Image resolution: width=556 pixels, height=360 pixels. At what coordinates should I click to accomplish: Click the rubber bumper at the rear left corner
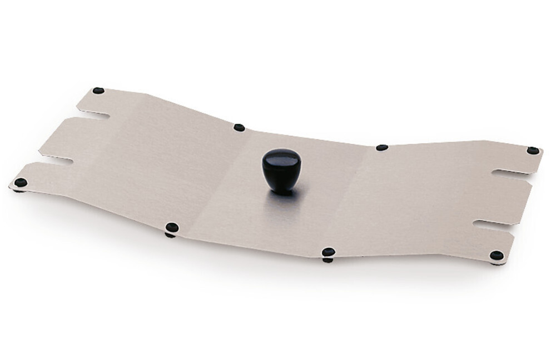click(x=98, y=91)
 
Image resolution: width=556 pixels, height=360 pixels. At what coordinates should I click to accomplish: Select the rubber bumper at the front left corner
click(x=21, y=182)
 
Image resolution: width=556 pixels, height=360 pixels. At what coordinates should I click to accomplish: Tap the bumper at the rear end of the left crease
click(x=239, y=128)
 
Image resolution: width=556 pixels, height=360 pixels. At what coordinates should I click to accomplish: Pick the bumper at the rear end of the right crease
click(x=381, y=148)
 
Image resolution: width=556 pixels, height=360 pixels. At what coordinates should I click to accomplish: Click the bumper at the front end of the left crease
click(x=172, y=227)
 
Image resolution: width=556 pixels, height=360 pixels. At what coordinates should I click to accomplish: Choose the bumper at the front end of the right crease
click(x=328, y=252)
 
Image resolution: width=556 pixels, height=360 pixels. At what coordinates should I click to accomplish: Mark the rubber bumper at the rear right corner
click(x=533, y=151)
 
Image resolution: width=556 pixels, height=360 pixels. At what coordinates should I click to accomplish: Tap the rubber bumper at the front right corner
click(x=497, y=256)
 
